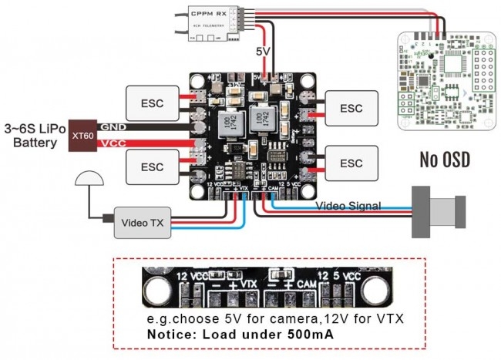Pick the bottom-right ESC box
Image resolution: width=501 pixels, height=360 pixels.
click(351, 163)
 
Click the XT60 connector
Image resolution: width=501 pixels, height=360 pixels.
click(79, 135)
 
